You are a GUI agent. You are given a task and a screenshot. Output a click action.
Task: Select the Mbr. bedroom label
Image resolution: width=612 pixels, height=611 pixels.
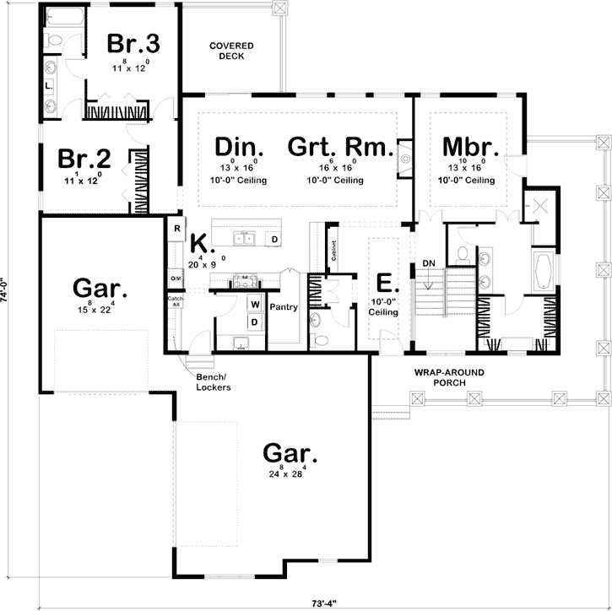coord(470,147)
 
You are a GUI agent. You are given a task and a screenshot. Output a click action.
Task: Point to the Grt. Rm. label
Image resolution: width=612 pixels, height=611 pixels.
coord(340,147)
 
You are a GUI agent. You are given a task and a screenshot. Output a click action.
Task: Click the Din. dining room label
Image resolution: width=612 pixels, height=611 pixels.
coord(240,147)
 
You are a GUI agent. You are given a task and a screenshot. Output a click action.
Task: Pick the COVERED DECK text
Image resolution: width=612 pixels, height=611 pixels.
coord(226,50)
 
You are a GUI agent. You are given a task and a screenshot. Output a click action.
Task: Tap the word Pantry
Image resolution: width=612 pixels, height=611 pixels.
coord(284,307)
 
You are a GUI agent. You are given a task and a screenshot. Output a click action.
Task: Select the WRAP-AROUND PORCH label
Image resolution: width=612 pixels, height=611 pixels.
coord(441,377)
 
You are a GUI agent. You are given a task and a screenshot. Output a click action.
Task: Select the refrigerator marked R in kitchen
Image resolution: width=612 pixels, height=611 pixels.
coord(178,228)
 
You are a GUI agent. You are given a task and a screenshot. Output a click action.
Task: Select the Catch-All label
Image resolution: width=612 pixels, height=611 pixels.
coord(176,301)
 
